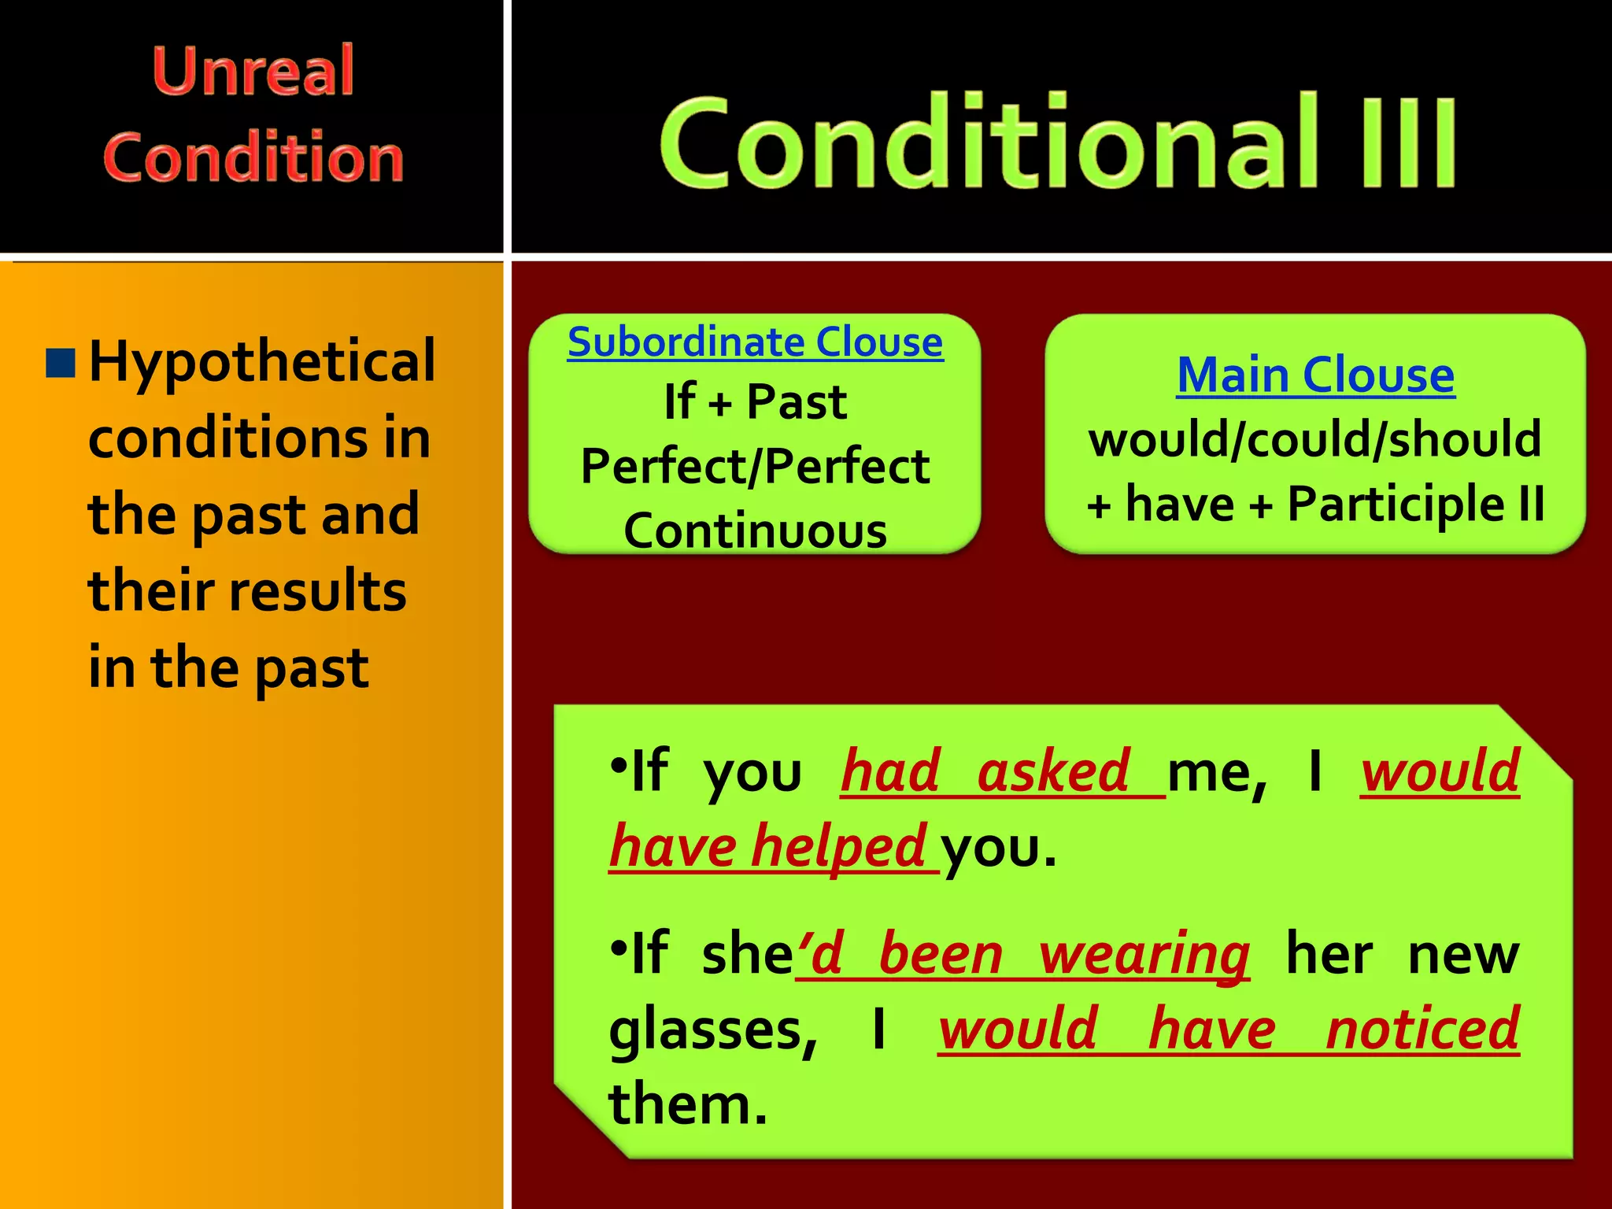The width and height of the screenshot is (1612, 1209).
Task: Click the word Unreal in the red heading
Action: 253,72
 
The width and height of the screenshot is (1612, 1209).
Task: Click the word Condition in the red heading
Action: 253,157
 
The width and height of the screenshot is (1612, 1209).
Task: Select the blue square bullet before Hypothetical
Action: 61,363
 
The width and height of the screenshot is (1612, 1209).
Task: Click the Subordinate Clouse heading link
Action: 755,342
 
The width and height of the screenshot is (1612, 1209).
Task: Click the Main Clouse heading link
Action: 1315,375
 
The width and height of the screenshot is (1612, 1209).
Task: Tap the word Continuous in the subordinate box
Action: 755,531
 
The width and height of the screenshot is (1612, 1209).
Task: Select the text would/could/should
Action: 1315,439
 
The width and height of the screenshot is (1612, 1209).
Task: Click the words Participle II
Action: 1415,504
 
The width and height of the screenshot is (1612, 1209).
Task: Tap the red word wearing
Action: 1144,955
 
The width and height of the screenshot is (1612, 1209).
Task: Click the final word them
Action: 686,1105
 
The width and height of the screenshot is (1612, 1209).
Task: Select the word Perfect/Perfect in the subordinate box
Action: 755,467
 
